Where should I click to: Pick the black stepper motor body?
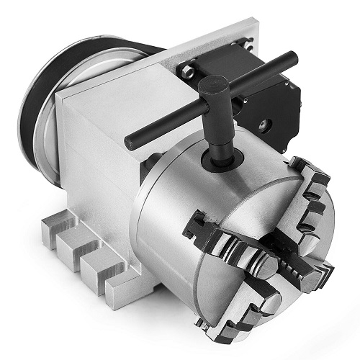pyautogui.click(x=277, y=101)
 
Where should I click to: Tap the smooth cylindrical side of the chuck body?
pyautogui.click(x=166, y=238)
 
